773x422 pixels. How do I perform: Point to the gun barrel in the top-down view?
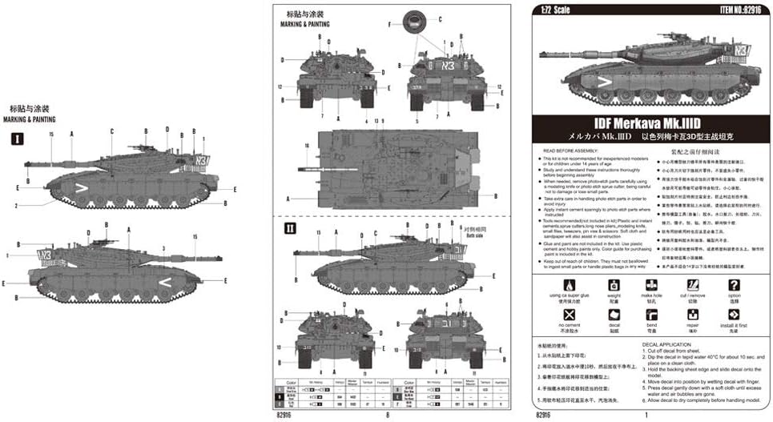click(x=309, y=170)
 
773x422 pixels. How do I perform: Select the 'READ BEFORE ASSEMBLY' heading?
click(x=570, y=151)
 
